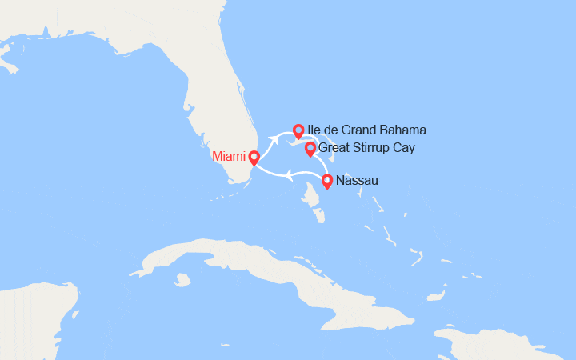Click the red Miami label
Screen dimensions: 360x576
tap(229, 157)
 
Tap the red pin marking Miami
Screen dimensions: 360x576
tap(254, 158)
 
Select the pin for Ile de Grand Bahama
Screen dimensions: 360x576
tap(298, 130)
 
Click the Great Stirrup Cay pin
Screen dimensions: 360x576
tap(310, 149)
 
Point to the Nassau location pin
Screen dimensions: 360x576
tap(327, 182)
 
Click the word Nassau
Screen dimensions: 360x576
tap(358, 181)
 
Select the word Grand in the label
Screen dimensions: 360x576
tap(364, 130)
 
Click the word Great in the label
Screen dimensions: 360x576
tap(335, 148)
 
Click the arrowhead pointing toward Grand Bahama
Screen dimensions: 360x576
tap(274, 141)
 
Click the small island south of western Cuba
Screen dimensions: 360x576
tap(183, 280)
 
